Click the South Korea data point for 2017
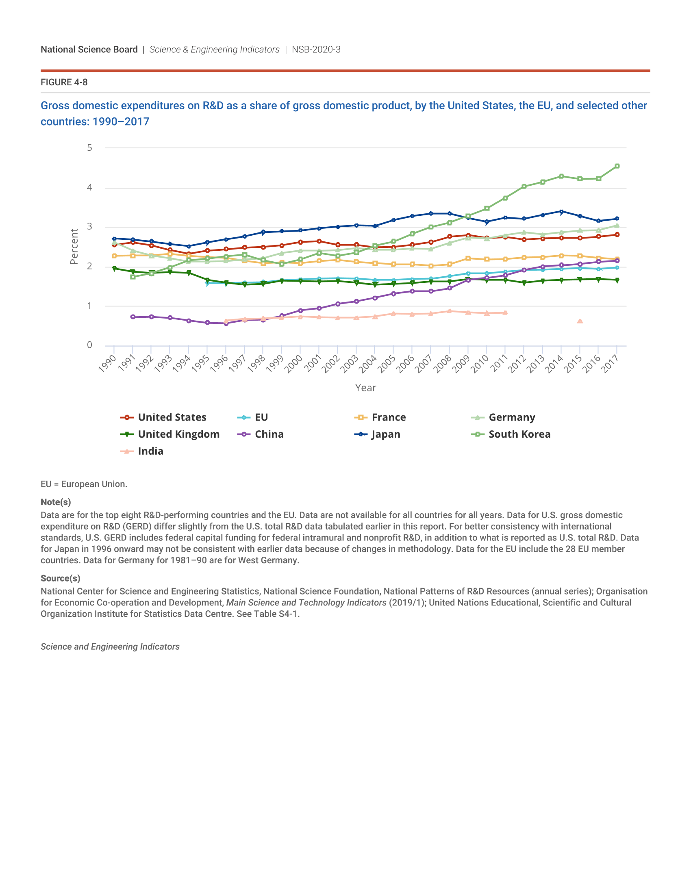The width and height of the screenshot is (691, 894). [x=617, y=166]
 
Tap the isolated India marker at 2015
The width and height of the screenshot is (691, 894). [x=580, y=321]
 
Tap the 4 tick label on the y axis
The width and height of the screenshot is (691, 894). [x=90, y=187]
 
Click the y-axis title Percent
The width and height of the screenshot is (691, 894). [x=74, y=246]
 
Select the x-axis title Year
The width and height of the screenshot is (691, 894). [x=365, y=388]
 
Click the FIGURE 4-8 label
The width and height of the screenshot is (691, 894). [x=64, y=82]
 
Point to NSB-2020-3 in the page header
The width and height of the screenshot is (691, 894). [x=316, y=50]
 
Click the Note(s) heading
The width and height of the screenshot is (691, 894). [x=56, y=502]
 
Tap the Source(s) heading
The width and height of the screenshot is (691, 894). [x=61, y=578]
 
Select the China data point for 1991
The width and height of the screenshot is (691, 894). [x=133, y=317]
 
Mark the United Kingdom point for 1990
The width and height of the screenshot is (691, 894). [x=114, y=269]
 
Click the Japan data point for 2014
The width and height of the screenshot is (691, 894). [x=561, y=212]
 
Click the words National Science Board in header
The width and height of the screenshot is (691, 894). [x=89, y=50]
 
